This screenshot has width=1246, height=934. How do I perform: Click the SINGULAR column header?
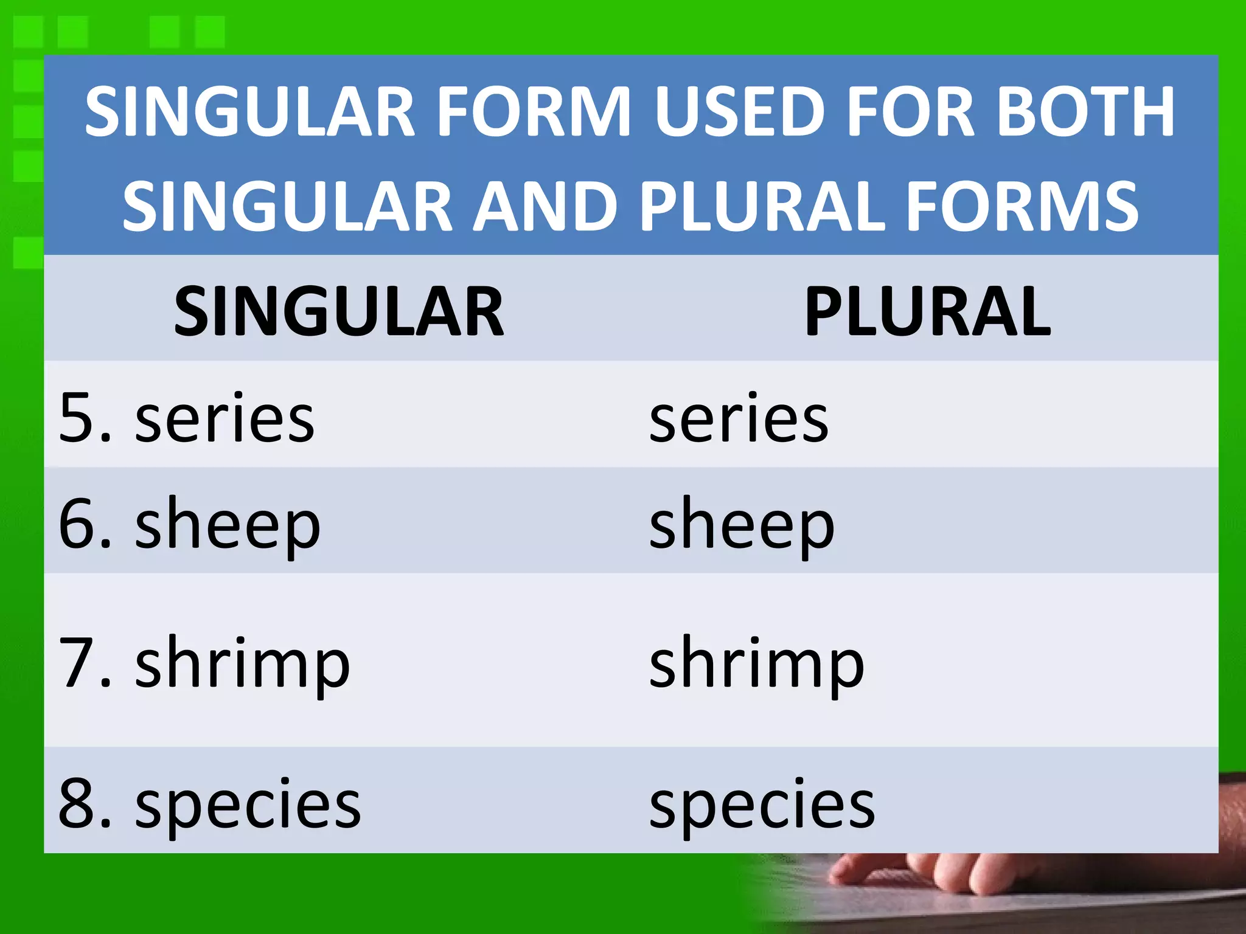(339, 312)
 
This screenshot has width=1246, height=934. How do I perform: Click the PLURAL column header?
(927, 312)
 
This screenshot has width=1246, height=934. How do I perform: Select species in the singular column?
(248, 806)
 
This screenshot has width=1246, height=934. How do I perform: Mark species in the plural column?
(762, 806)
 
